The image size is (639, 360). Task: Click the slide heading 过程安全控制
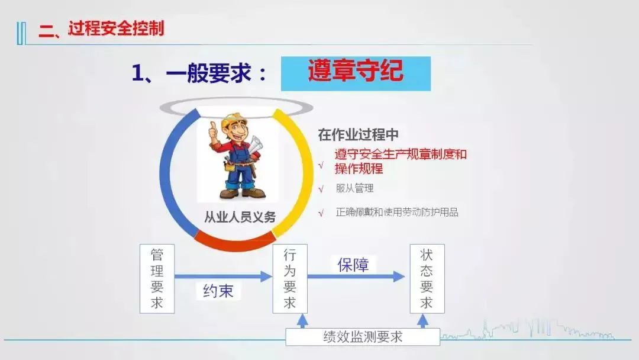(x=116, y=29)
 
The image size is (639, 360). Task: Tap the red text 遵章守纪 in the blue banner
(x=356, y=71)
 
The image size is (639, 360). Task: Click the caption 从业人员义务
(x=240, y=217)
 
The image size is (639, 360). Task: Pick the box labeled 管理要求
(x=157, y=279)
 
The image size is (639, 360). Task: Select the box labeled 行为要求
(x=290, y=279)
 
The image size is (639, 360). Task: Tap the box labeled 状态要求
(x=427, y=279)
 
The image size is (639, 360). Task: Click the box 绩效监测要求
(x=363, y=337)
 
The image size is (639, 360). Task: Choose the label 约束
(x=218, y=291)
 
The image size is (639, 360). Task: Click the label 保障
(x=353, y=265)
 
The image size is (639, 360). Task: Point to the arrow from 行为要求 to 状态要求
(x=356, y=277)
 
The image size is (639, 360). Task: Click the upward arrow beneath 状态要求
(x=423, y=322)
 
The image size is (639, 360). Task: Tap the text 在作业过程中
(x=358, y=134)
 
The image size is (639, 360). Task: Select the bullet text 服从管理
(x=354, y=188)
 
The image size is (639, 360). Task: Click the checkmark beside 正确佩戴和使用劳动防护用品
(x=321, y=213)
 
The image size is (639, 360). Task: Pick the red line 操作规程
(x=359, y=168)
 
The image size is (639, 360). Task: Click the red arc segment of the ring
(x=235, y=242)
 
